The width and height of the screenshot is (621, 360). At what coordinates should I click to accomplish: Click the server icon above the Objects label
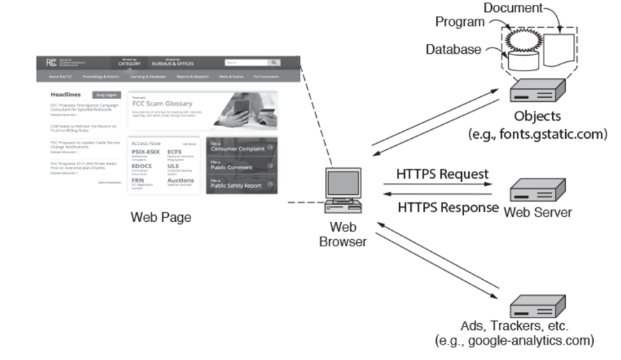tap(536, 90)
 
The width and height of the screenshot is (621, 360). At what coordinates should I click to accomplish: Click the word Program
tap(460, 22)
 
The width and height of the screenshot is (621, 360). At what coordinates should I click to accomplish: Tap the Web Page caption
tap(161, 217)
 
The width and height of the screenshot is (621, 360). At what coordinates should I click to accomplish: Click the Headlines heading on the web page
tap(66, 94)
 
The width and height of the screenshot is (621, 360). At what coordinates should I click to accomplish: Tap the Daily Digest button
tap(106, 94)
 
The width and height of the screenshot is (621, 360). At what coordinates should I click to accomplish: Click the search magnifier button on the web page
tap(274, 62)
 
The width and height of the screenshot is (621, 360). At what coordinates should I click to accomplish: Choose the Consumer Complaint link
tap(237, 148)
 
